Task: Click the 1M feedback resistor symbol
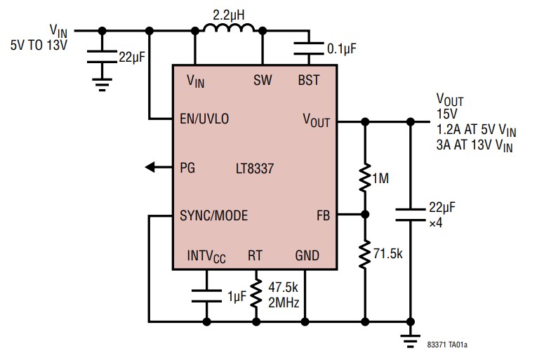tap(364, 179)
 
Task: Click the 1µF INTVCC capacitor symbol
tap(206, 295)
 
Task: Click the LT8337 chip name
tap(255, 168)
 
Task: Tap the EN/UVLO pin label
tap(204, 119)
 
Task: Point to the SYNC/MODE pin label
tap(213, 215)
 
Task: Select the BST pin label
tap(308, 80)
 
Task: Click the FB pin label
tap(323, 215)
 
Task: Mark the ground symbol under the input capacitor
tap(102, 86)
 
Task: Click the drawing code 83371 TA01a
tap(447, 345)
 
